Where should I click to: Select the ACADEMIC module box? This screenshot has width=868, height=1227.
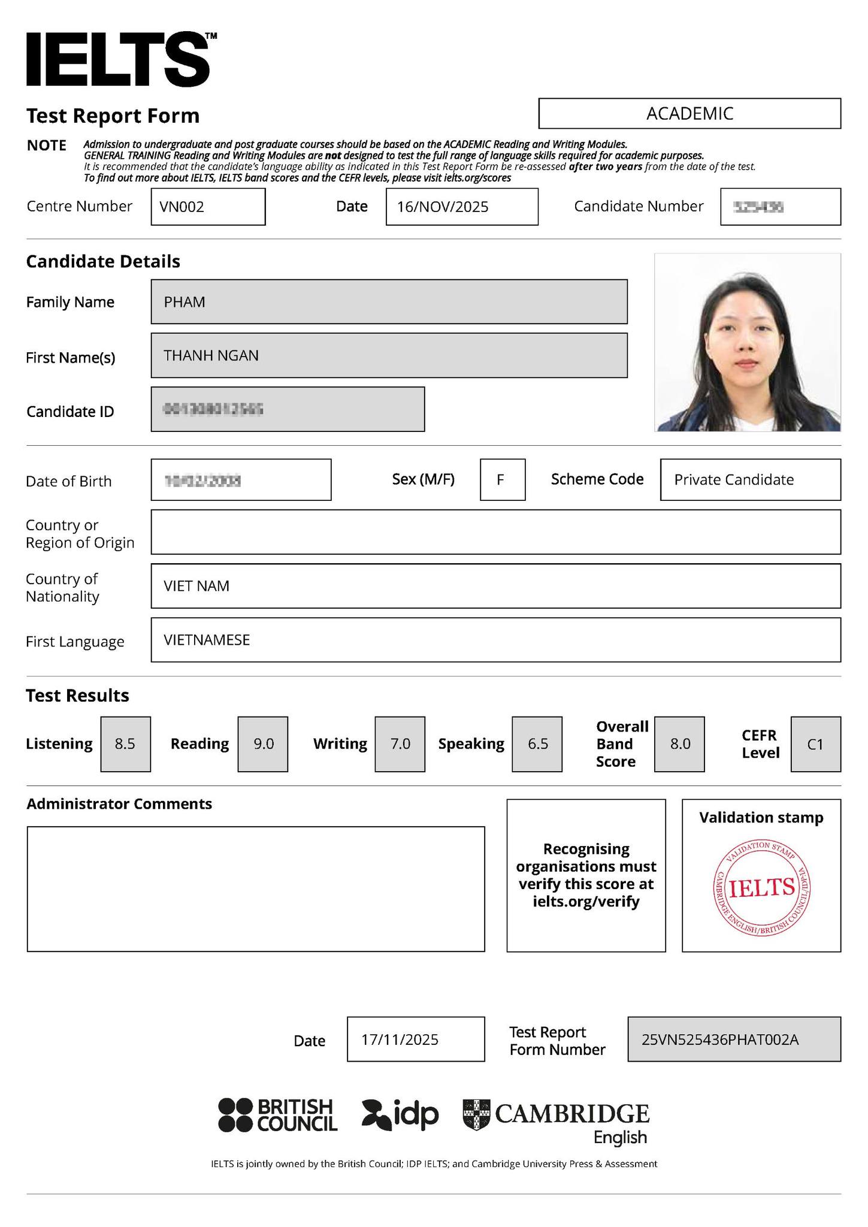(689, 113)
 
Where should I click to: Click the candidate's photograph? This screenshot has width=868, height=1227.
(747, 342)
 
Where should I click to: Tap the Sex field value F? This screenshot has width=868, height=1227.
(502, 479)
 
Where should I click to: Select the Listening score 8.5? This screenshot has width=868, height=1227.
(125, 744)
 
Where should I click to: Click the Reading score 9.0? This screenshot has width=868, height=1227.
(263, 744)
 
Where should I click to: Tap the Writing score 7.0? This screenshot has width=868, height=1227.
(400, 744)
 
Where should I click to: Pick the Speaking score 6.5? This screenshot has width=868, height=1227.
(537, 744)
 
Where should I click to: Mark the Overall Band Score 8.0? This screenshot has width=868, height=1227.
(679, 744)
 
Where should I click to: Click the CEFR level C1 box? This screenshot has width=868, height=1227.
(815, 744)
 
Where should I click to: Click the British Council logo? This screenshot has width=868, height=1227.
(278, 1115)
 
